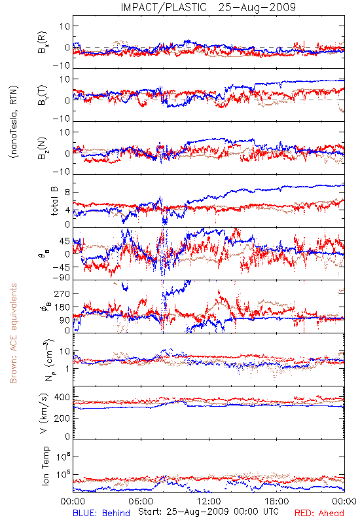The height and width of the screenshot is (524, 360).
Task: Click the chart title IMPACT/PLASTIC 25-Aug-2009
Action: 208,7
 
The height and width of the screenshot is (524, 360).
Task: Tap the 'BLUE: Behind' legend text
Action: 101,513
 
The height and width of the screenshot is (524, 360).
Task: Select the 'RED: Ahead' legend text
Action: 319,513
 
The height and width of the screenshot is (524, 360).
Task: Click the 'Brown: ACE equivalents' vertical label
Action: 12,333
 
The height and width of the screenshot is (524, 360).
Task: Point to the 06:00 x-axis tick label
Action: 141,501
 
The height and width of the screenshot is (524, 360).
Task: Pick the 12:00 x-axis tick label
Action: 209,501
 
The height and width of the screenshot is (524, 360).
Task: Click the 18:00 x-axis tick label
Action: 277,501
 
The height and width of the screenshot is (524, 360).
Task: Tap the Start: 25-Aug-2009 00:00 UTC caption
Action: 208,512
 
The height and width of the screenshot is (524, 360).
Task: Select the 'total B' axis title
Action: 54,201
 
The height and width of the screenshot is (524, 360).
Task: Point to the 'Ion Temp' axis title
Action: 45,466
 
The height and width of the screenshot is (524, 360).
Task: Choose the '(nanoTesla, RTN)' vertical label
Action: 14,122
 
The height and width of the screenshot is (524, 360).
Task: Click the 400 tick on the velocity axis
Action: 62,397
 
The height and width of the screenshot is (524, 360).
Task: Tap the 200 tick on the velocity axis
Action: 62,418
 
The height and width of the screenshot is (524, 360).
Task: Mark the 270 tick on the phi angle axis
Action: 62,293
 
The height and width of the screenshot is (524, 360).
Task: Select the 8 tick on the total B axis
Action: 67,192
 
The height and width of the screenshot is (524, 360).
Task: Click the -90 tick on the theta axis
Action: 61,277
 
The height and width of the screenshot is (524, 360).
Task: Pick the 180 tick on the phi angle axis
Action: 62,307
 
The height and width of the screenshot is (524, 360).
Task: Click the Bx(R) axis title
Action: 43,43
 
